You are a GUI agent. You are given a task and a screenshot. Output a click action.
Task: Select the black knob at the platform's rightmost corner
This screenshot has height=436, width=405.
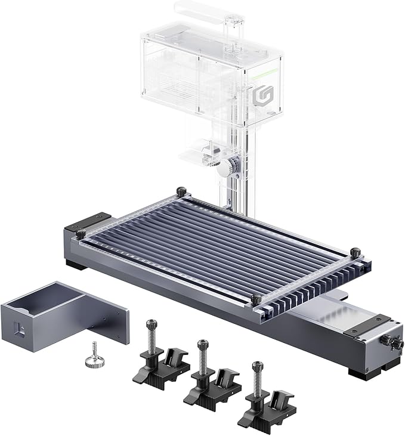(x=355, y=253)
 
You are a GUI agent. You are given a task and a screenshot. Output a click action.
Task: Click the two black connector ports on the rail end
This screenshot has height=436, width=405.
(x=387, y=342)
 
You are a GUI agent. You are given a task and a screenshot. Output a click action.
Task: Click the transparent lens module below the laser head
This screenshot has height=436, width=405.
(x=208, y=151)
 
